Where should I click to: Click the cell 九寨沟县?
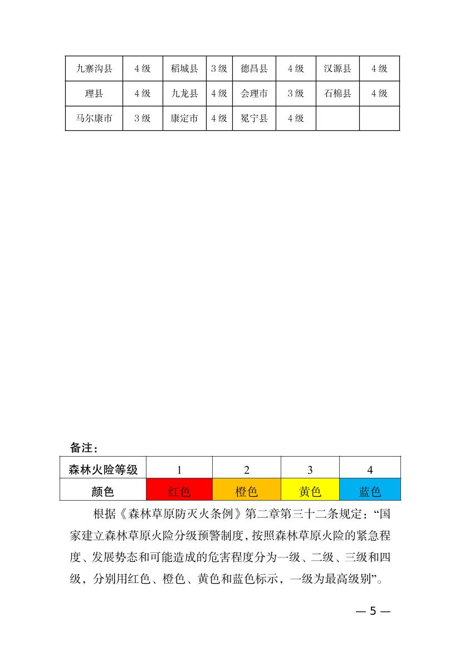point(94,68)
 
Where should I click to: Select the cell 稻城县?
point(184,68)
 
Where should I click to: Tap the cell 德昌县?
point(254,68)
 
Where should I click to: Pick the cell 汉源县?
point(337,68)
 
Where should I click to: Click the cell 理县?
point(94,94)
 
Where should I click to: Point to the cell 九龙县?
point(184,94)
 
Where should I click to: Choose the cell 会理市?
point(254,94)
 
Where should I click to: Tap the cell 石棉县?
point(337,94)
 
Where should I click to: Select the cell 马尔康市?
point(94,118)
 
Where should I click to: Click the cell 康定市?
point(184,118)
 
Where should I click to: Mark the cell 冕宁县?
point(254,118)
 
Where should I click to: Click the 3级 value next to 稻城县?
point(219,68)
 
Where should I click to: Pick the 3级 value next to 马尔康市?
point(142,118)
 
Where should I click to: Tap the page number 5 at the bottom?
point(373,611)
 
